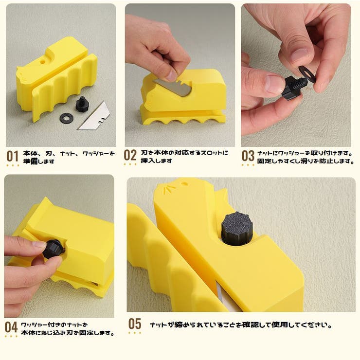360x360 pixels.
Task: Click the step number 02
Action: click(x=130, y=156)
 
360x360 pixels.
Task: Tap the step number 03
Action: click(x=248, y=156)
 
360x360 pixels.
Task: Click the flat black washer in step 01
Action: click(x=66, y=118)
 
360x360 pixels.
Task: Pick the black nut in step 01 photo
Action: click(x=81, y=104)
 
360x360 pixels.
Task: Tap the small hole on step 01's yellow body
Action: click(x=42, y=63)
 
